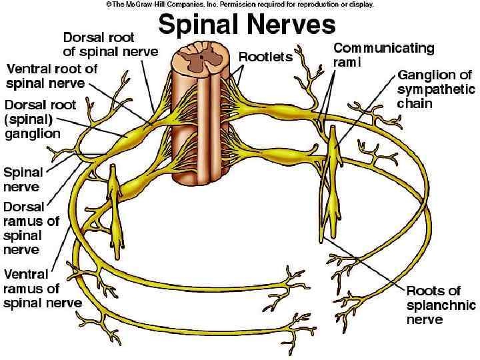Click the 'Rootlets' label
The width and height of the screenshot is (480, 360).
[265, 57]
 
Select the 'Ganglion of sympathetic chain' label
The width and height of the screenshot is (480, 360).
[436, 89]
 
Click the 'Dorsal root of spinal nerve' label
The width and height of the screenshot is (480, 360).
[111, 44]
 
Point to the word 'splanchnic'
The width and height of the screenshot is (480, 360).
[441, 305]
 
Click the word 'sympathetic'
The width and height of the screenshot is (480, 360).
[436, 89]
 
